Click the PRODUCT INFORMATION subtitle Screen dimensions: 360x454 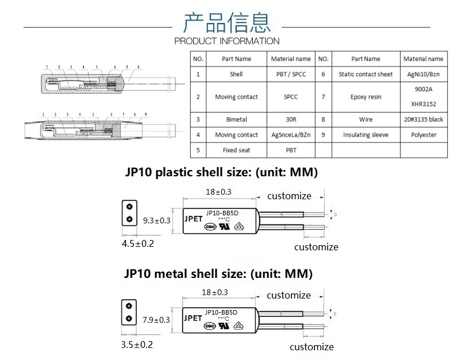(x=226, y=41)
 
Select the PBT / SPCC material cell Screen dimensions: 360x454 (x=291, y=74)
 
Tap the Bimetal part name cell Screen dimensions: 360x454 (x=236, y=119)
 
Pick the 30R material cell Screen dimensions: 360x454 (x=291, y=119)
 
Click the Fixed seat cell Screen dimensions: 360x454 (x=236, y=150)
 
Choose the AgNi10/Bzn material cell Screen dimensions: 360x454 (x=423, y=74)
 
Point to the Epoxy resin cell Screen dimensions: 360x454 (x=365, y=96)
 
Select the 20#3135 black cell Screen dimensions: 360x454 (x=423, y=119)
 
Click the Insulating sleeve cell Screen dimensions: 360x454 (x=365, y=135)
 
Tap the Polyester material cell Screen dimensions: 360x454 (x=423, y=135)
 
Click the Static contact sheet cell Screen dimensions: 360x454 (x=365, y=74)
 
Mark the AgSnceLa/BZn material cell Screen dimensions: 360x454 (x=291, y=135)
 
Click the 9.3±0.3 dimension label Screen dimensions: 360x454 (x=156, y=220)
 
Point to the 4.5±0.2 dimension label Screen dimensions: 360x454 (x=137, y=243)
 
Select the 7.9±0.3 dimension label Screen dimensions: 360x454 (x=156, y=320)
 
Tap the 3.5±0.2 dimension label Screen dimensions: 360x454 (x=137, y=344)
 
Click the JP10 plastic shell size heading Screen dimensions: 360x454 (x=221, y=172)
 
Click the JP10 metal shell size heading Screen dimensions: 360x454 (x=218, y=273)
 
